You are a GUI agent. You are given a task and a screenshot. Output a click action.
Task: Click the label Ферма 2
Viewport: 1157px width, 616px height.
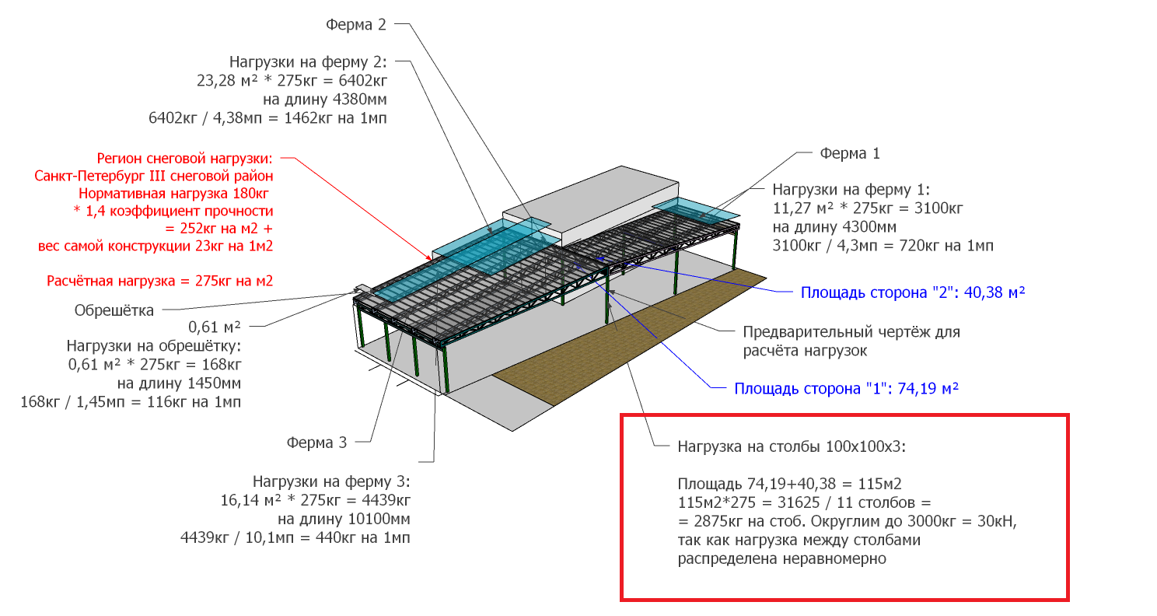click(x=356, y=25)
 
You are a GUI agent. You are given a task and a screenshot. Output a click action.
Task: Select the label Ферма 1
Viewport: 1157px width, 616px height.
click(x=850, y=153)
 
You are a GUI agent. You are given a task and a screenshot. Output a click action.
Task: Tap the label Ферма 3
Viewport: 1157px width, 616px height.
click(x=316, y=443)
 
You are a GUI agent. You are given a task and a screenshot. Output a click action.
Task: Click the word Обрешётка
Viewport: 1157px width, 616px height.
click(x=114, y=310)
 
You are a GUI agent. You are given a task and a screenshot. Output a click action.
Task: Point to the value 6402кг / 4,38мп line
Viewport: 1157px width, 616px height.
click(x=267, y=118)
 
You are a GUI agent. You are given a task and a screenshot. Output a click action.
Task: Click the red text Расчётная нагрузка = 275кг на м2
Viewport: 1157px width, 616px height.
click(x=159, y=281)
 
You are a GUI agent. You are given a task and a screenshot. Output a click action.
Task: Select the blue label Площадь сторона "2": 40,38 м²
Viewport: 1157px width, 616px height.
click(x=913, y=292)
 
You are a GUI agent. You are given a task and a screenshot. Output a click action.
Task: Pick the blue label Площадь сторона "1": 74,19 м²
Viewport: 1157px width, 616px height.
click(x=846, y=388)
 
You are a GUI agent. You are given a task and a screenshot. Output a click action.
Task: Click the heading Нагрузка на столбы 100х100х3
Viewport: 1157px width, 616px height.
click(x=792, y=446)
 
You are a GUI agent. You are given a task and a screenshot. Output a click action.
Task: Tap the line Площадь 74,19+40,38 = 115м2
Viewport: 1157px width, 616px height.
click(x=789, y=485)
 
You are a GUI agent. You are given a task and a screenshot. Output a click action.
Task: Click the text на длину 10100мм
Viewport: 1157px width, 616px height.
click(x=344, y=519)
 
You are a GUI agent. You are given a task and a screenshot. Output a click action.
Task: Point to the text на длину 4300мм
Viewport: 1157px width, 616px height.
click(x=834, y=227)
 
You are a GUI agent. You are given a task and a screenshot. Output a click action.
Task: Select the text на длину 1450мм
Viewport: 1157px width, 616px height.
click(x=179, y=383)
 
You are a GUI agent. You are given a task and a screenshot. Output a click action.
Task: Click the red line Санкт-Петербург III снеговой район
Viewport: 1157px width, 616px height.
click(x=154, y=177)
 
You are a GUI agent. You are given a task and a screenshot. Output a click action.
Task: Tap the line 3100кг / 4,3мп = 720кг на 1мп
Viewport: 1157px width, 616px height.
click(x=883, y=246)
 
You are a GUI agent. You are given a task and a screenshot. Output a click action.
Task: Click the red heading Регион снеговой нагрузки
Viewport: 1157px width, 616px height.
click(x=184, y=158)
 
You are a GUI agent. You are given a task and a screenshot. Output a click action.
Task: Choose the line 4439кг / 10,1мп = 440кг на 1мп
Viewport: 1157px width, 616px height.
click(x=295, y=538)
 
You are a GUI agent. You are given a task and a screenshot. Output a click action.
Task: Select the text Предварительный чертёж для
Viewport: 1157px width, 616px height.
click(x=851, y=332)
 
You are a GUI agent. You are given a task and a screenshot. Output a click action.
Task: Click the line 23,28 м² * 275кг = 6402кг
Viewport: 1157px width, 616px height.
click(x=292, y=81)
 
